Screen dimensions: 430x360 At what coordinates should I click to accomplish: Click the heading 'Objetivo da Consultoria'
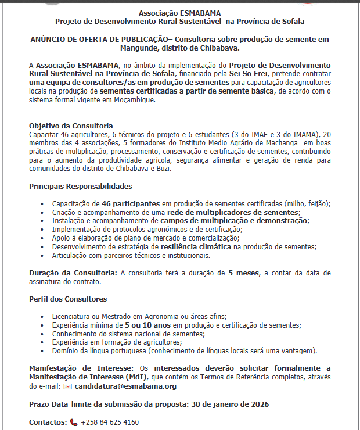click(71, 126)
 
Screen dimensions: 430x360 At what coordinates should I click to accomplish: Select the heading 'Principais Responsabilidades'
click(81, 187)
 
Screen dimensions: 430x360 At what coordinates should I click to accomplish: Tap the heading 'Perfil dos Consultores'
click(68, 299)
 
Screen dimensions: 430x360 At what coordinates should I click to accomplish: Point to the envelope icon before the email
click(67, 386)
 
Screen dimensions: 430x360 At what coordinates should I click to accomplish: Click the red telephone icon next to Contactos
click(74, 422)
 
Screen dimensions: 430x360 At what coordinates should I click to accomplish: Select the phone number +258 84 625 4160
click(110, 422)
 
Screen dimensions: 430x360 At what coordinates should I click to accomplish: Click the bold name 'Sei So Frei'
click(249, 75)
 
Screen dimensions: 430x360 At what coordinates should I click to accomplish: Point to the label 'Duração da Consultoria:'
click(73, 273)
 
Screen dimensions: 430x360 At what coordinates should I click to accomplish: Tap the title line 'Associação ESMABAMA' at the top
click(180, 13)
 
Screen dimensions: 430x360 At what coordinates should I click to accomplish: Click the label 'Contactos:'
click(48, 422)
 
